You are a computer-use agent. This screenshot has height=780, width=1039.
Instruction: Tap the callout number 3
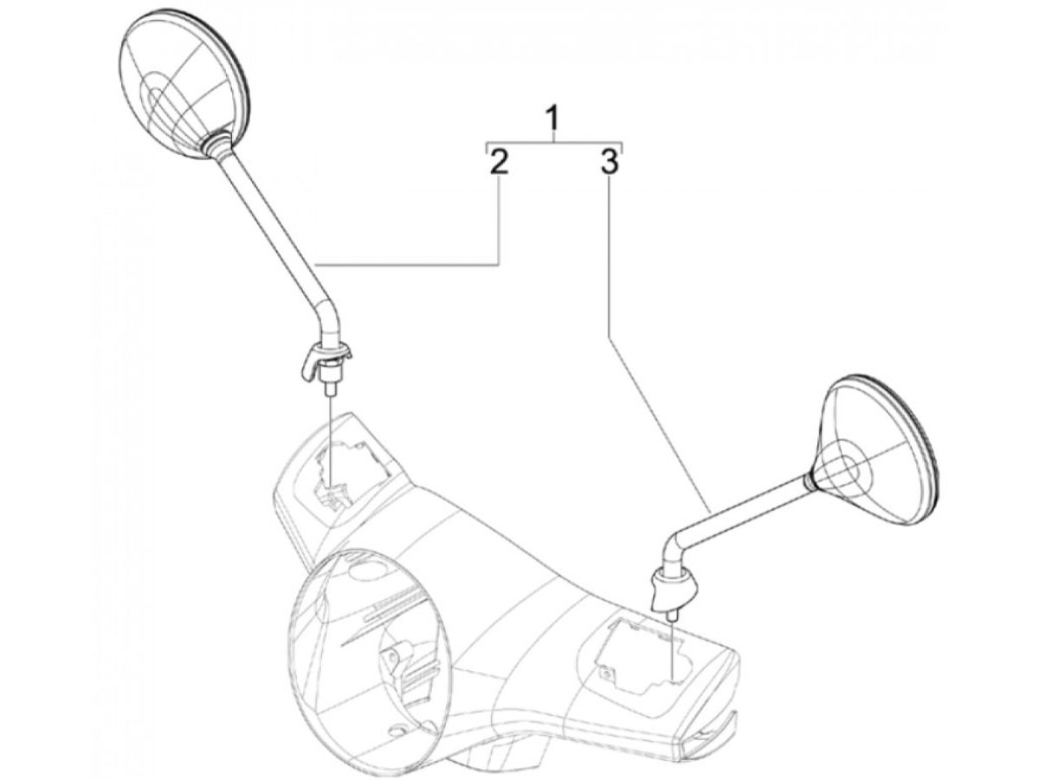point(610,162)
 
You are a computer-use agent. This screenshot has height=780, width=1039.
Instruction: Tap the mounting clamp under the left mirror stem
point(325,358)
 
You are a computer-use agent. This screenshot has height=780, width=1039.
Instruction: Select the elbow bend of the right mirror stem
point(672,545)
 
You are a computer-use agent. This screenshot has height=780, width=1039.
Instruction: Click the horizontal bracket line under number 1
point(554,141)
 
